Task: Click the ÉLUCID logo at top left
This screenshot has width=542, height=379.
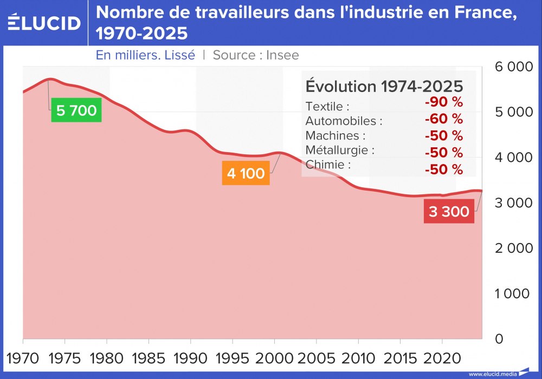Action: tap(44, 23)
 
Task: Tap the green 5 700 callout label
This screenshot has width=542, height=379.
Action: tap(76, 111)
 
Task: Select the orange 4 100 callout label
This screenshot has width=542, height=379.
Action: tap(246, 174)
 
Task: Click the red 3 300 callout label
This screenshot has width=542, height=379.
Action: tap(449, 212)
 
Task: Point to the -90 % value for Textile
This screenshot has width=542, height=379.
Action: tap(444, 102)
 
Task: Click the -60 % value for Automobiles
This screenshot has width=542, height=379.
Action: tap(444, 119)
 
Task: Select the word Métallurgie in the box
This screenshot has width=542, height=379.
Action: tap(340, 150)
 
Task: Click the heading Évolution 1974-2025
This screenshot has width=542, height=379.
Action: tap(384, 87)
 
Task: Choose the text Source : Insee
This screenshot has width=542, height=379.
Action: tap(256, 55)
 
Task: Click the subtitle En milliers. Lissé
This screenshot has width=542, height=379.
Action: tap(145, 55)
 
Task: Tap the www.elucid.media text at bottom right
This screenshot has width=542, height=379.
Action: tap(492, 374)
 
